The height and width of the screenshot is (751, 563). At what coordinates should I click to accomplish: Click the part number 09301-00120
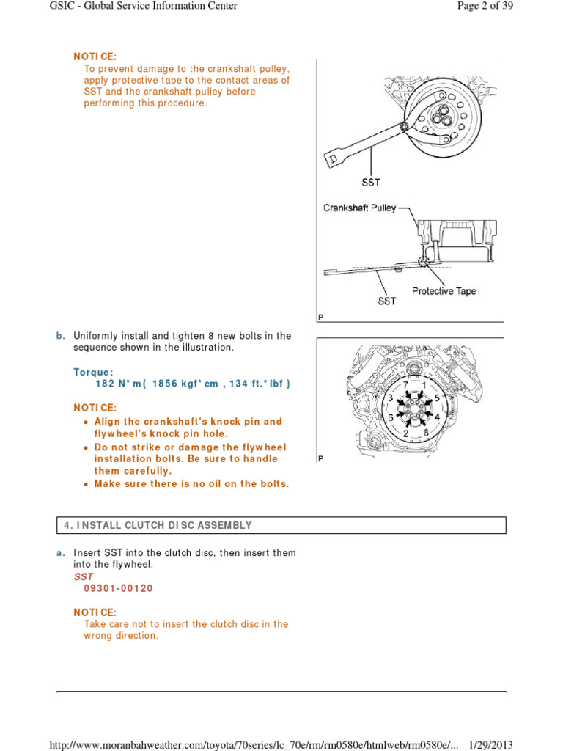tap(114, 588)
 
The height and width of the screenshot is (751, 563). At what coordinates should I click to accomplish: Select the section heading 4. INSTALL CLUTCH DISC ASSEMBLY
tap(158, 525)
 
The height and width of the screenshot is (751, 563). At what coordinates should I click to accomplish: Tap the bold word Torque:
tap(93, 371)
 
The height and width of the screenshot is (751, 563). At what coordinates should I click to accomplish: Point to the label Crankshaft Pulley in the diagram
tap(359, 208)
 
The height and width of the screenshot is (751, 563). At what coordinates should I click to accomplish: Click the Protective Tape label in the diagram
tap(444, 291)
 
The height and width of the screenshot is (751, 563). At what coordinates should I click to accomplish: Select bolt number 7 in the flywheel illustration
tap(404, 384)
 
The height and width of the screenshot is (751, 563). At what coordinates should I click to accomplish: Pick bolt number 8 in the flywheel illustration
tap(425, 433)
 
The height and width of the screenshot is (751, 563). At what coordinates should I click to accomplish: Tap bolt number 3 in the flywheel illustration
tap(391, 398)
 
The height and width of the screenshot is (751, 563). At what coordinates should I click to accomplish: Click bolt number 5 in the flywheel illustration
tap(437, 398)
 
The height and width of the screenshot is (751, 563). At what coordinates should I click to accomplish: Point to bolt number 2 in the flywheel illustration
tap(405, 433)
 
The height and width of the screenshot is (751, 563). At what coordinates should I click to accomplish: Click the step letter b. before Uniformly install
tap(61, 336)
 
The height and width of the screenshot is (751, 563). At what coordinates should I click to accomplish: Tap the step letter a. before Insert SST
tap(61, 552)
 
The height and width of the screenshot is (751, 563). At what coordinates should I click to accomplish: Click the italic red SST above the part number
tap(83, 576)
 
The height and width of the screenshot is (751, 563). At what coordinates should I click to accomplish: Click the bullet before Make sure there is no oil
tap(87, 484)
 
